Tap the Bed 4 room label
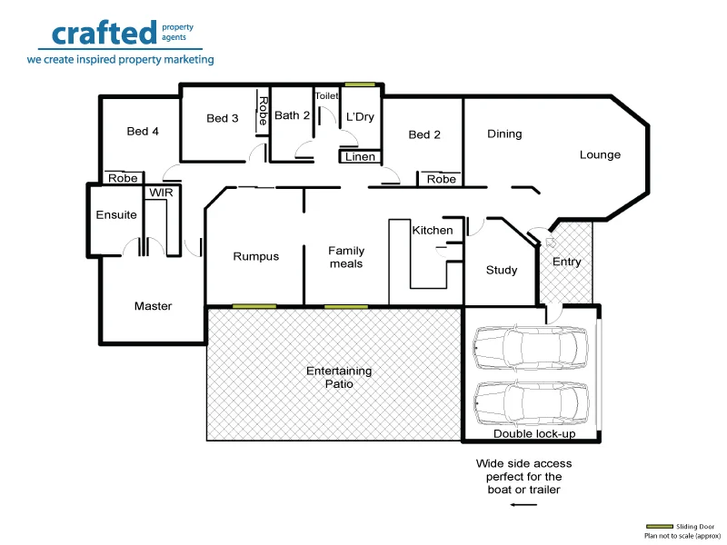point(143,132)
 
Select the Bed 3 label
point(223,118)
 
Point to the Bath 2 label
point(293,115)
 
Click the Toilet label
point(326,95)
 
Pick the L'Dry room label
point(360,116)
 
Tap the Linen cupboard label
point(360,157)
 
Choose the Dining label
point(504,134)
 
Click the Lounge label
point(600,154)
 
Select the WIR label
point(161,193)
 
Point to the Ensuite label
point(116,215)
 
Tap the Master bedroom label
point(153,306)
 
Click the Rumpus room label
point(256,256)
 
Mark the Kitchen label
point(433,230)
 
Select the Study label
point(502,270)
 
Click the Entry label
point(566,262)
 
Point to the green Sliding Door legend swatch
point(660,527)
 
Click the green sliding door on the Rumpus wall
point(254,306)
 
